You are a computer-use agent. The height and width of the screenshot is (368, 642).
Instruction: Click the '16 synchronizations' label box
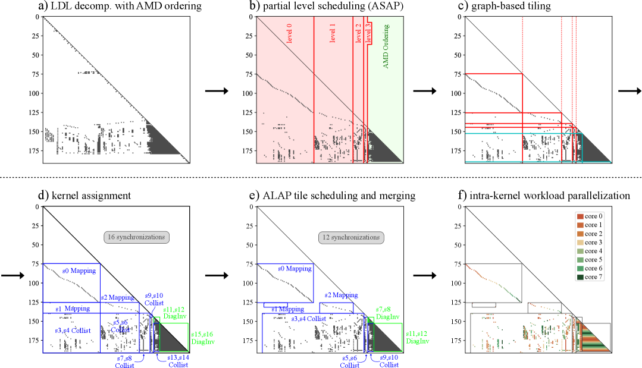pyautogui.click(x=136, y=237)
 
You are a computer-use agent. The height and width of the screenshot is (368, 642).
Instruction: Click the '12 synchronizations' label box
pyautogui.click(x=350, y=237)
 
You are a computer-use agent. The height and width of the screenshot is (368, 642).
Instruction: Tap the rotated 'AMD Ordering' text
pyautogui.click(x=386, y=46)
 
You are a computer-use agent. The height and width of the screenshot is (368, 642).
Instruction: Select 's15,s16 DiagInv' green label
pyautogui.click(x=202, y=338)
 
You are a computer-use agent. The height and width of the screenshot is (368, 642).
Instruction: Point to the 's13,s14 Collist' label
pyautogui.click(x=178, y=360)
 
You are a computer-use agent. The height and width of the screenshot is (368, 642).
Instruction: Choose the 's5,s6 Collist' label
pyautogui.click(x=349, y=360)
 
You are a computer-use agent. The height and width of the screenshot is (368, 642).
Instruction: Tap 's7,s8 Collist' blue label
pyautogui.click(x=125, y=361)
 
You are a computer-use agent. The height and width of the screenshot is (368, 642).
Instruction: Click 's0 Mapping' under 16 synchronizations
pyautogui.click(x=79, y=271)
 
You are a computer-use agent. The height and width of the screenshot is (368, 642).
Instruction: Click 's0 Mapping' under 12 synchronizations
pyautogui.click(x=295, y=269)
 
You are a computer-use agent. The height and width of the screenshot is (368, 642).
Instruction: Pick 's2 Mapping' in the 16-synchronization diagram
pyautogui.click(x=116, y=297)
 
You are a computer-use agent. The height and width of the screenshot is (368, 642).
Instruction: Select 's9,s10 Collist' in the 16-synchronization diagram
pyautogui.click(x=154, y=298)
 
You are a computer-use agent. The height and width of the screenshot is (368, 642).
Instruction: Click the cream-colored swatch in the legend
pyautogui.click(x=580, y=243)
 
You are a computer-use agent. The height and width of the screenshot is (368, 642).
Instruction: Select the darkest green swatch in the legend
pyautogui.click(x=580, y=276)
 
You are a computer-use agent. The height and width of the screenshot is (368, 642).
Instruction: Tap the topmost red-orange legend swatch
pyautogui.click(x=580, y=217)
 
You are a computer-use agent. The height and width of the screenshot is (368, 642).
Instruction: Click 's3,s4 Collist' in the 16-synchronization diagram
pyautogui.click(x=73, y=330)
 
